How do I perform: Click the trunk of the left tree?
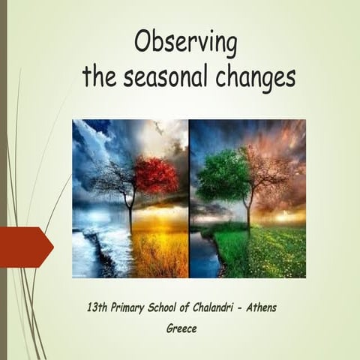tap(130, 214)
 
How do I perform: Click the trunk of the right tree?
tap(247, 210)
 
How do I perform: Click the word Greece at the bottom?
tap(181, 328)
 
